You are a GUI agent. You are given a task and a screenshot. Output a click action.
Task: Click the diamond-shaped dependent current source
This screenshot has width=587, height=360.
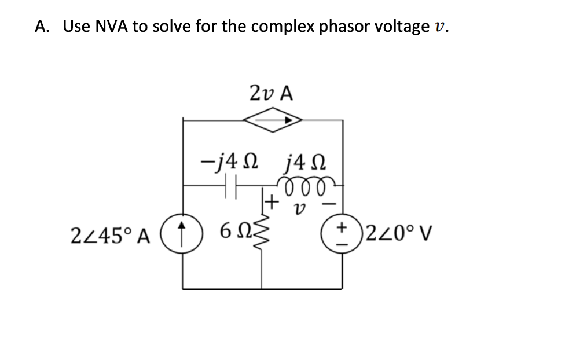[272, 120]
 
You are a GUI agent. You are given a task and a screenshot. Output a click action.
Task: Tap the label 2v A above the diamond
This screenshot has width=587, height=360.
[272, 93]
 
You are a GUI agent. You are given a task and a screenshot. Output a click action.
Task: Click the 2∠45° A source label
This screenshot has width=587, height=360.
[109, 236]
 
